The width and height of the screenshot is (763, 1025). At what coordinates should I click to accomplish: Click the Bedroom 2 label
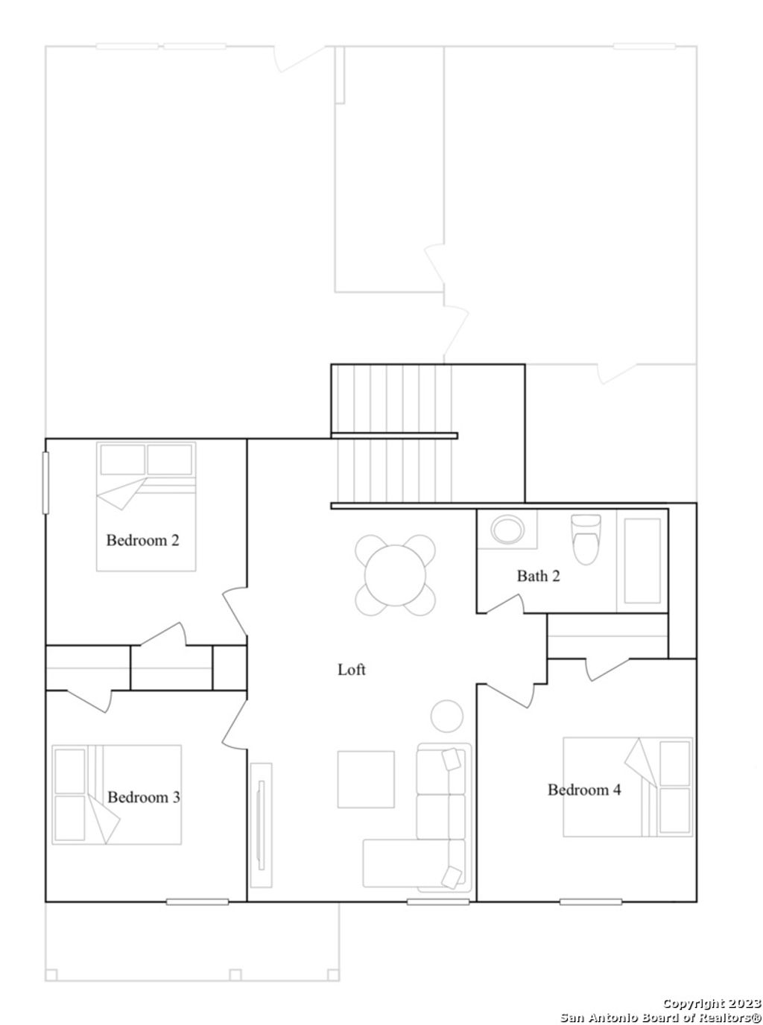click(142, 540)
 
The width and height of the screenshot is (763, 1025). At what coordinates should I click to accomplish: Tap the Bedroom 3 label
click(144, 797)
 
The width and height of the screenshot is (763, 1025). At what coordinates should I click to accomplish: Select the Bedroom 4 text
click(584, 790)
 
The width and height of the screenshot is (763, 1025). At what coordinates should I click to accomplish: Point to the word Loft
click(352, 669)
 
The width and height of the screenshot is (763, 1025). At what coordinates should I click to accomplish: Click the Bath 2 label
click(538, 576)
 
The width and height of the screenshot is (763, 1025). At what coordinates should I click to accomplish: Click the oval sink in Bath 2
click(507, 530)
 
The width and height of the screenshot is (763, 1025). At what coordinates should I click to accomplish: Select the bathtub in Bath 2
click(642, 561)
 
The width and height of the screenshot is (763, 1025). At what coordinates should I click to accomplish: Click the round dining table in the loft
click(396, 576)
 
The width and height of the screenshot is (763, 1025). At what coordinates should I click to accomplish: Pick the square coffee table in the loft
click(366, 779)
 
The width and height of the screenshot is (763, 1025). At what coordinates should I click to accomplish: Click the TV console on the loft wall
click(261, 825)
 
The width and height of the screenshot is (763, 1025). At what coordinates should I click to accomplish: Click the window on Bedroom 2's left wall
click(45, 482)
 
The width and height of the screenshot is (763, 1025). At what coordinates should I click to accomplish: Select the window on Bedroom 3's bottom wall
click(197, 901)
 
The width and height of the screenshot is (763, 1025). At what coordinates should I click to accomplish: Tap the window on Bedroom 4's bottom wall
click(590, 901)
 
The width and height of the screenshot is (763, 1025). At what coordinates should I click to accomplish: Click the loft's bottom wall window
click(437, 901)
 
